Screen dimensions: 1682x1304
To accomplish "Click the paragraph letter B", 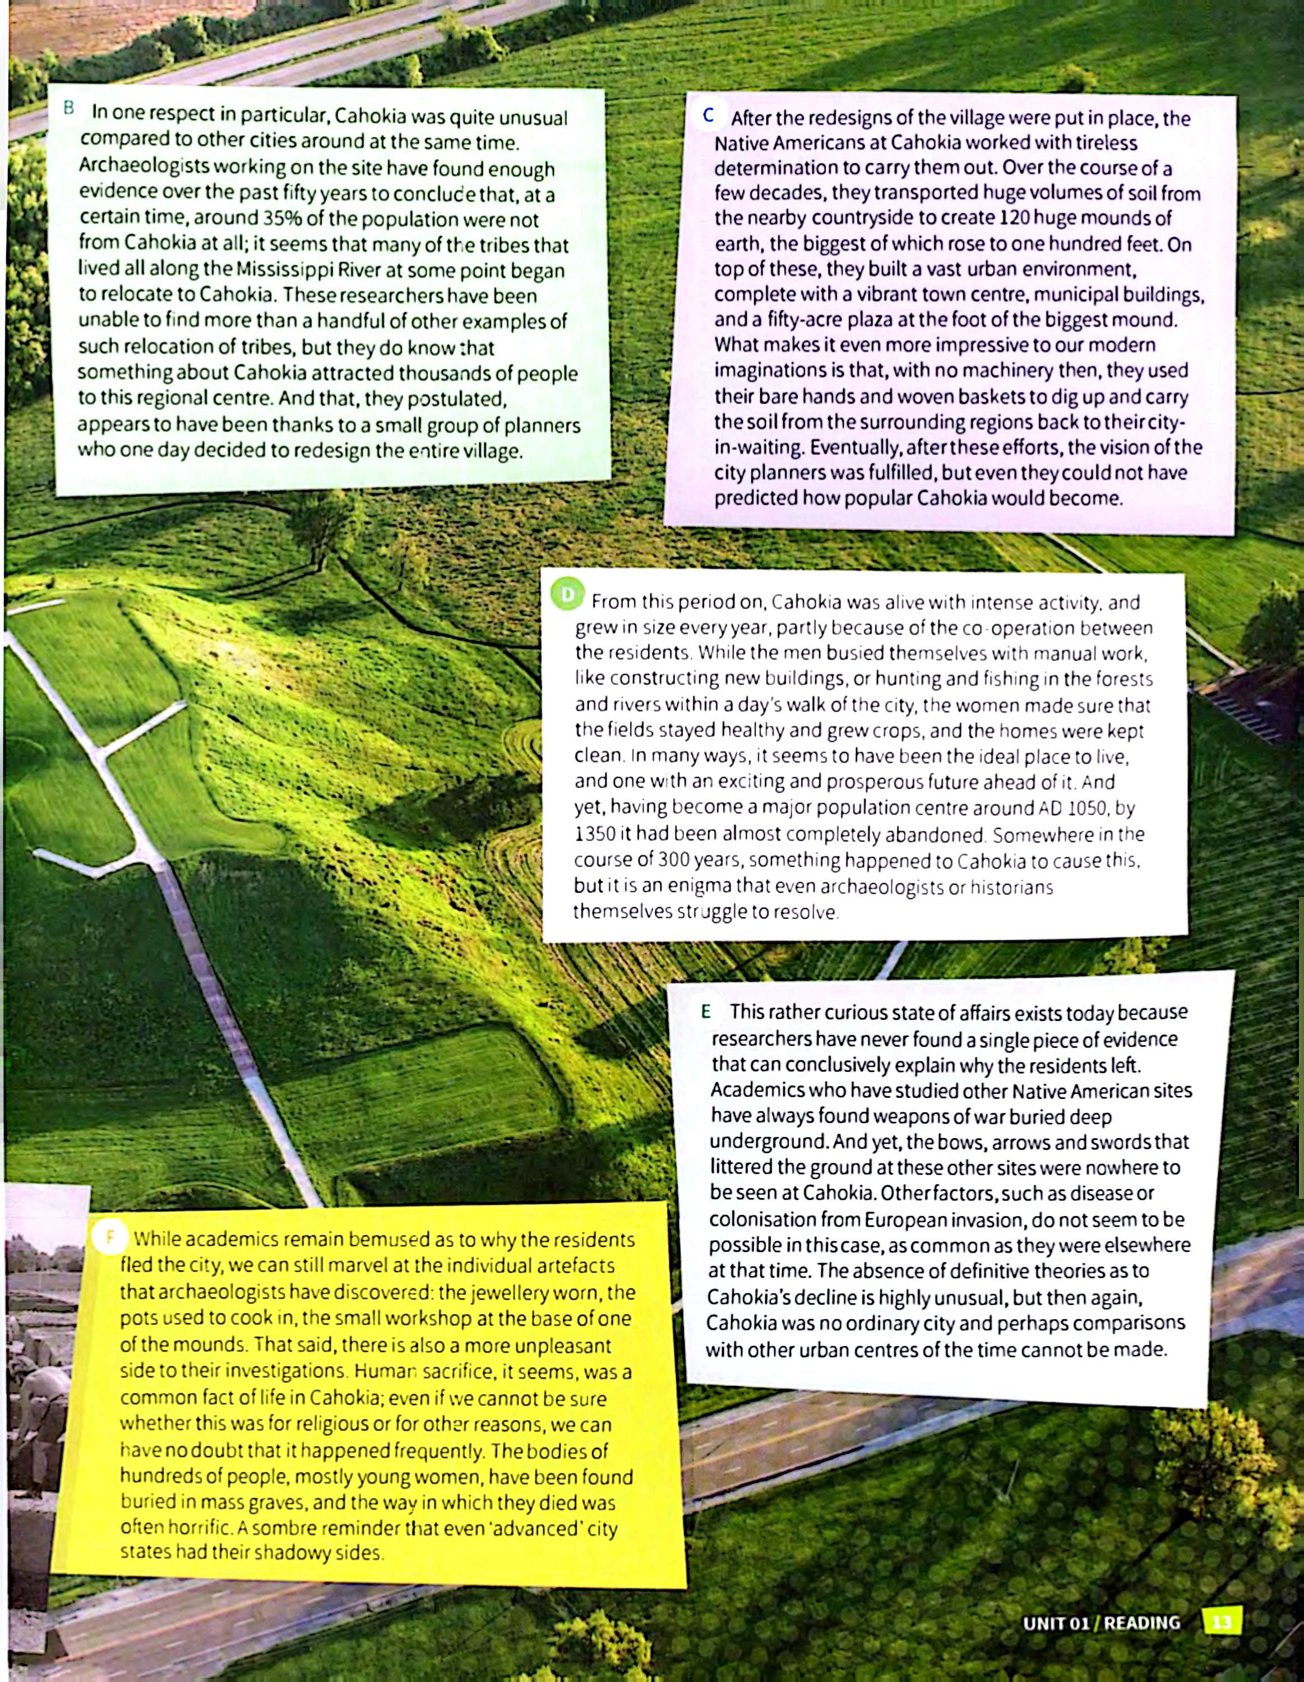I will [x=68, y=108].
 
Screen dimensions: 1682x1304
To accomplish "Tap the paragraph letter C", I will [x=708, y=115].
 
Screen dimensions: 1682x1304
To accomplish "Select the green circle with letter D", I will [x=568, y=594].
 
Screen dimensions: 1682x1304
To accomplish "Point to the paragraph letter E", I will [x=705, y=1012].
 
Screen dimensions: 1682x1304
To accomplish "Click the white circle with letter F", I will [x=109, y=1237].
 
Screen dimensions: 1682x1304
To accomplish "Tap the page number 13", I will [x=1222, y=1623].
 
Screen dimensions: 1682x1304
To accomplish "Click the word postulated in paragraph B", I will [x=455, y=399].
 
